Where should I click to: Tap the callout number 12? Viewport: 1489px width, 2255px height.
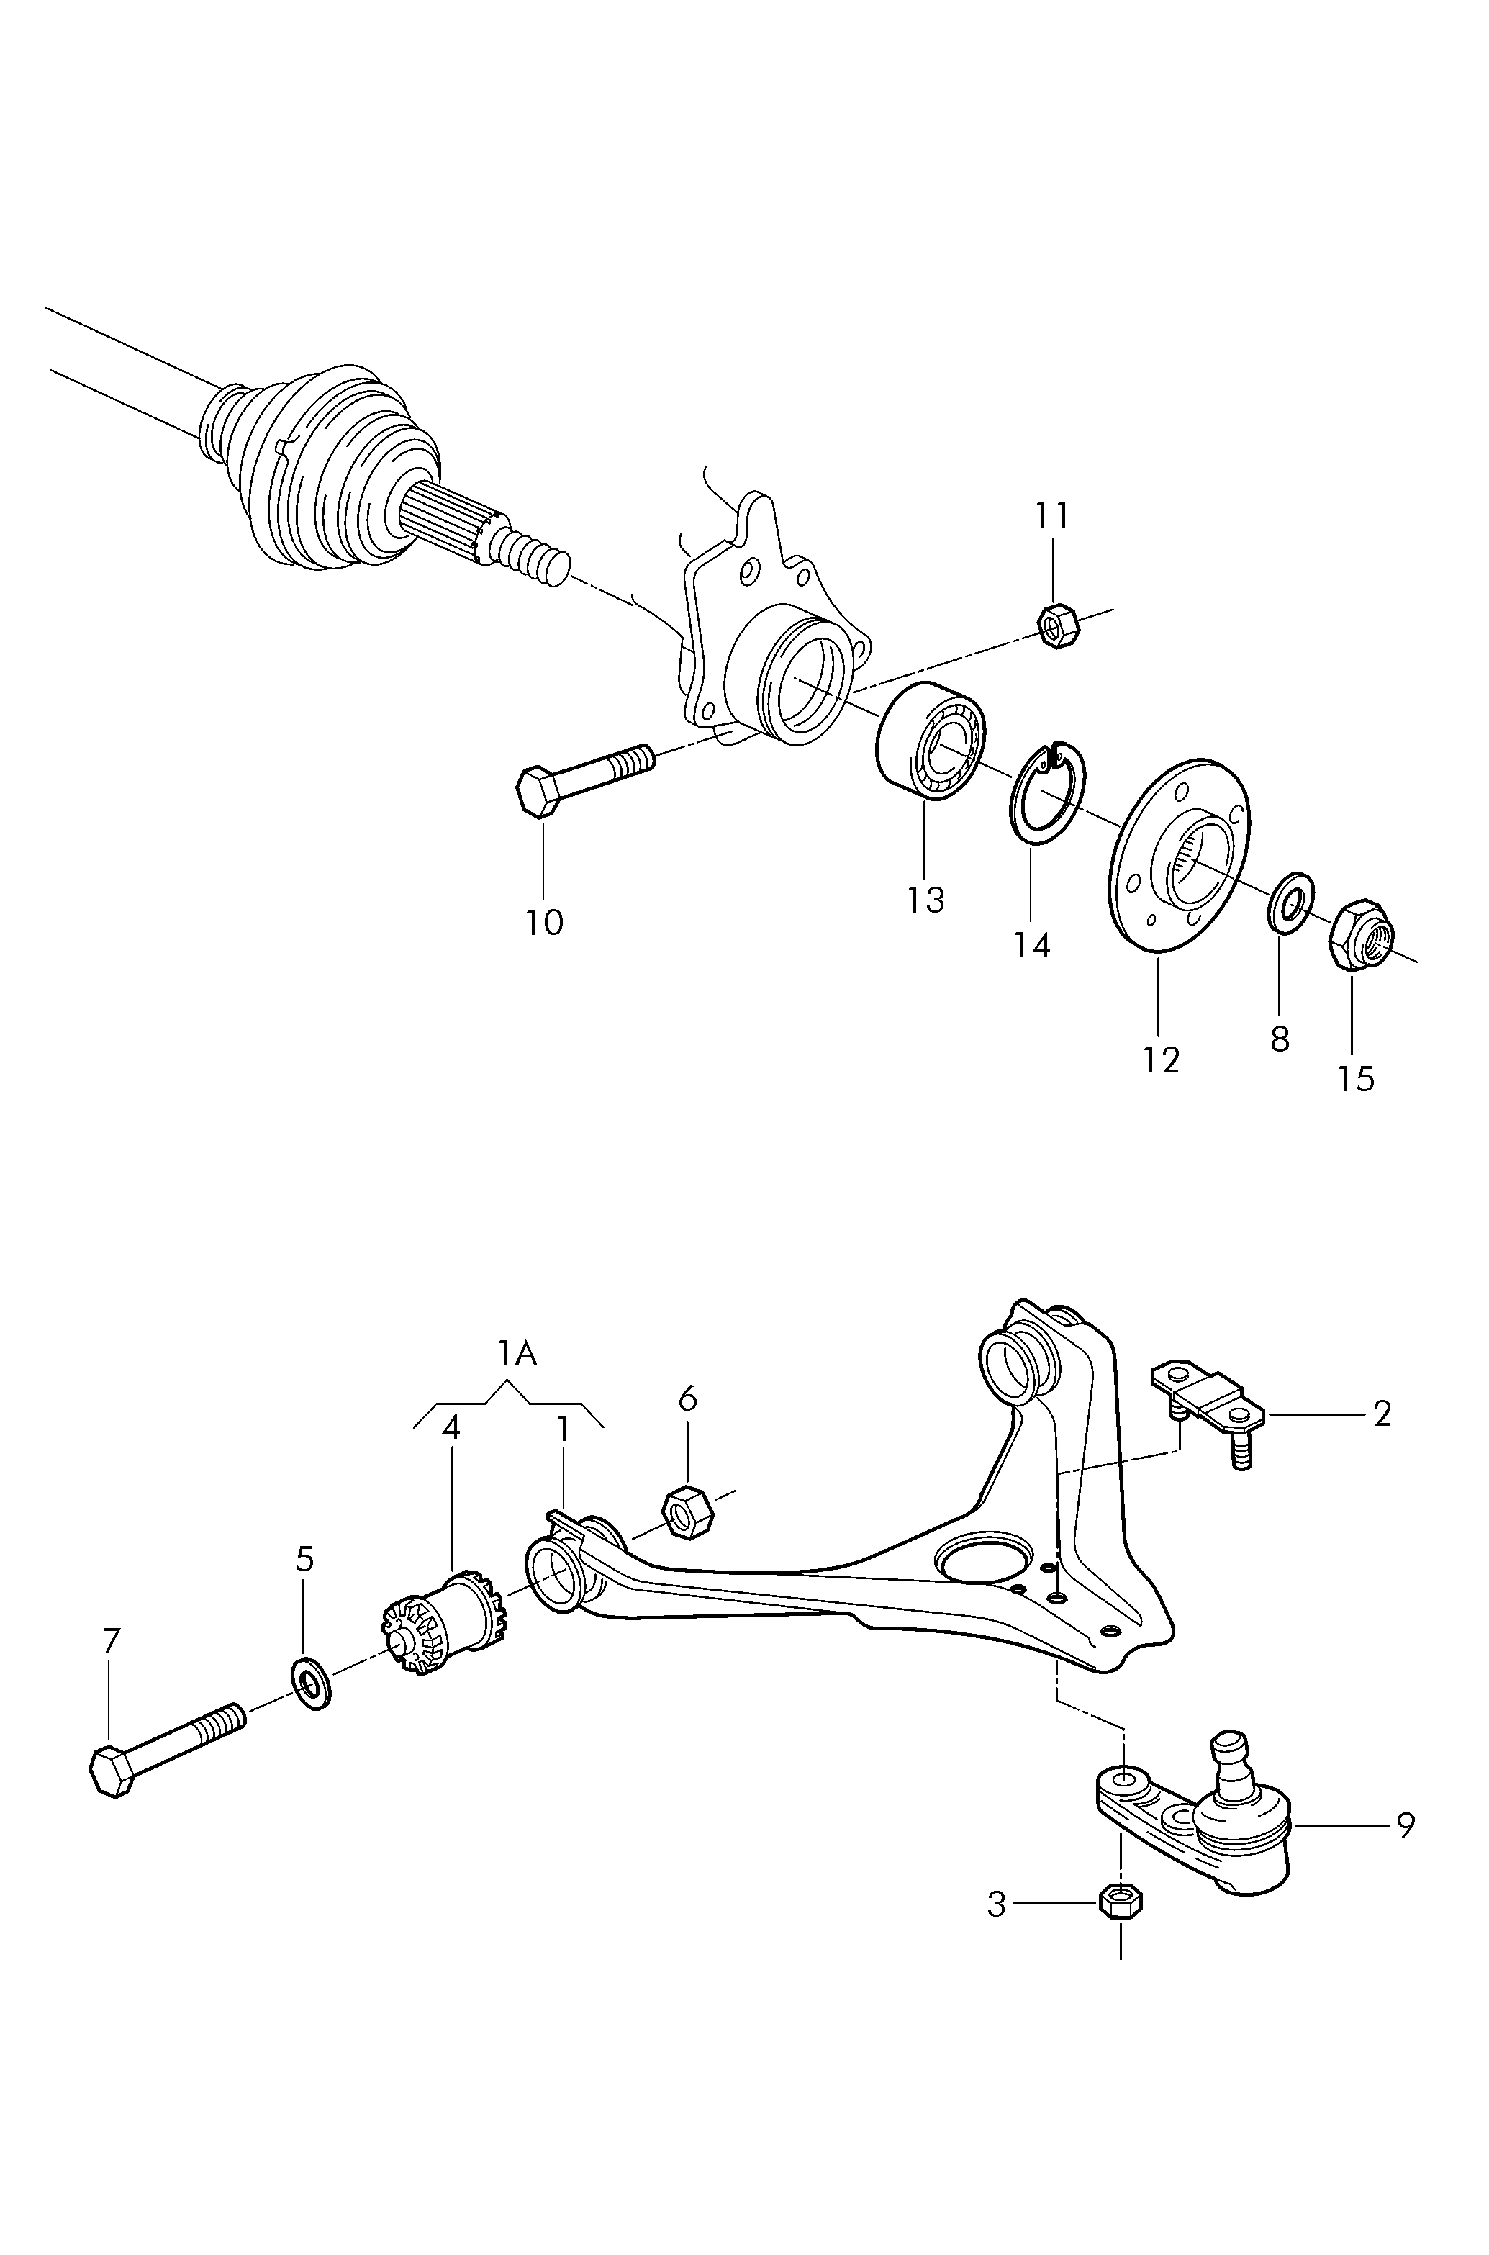(1160, 1059)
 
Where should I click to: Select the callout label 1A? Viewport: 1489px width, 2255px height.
(517, 1354)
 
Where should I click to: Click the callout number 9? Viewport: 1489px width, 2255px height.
(1406, 1825)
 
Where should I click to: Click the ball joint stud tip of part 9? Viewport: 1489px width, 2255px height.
(1231, 1740)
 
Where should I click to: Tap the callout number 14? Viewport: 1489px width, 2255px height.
(1031, 946)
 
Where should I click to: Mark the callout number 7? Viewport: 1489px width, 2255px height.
(111, 1642)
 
